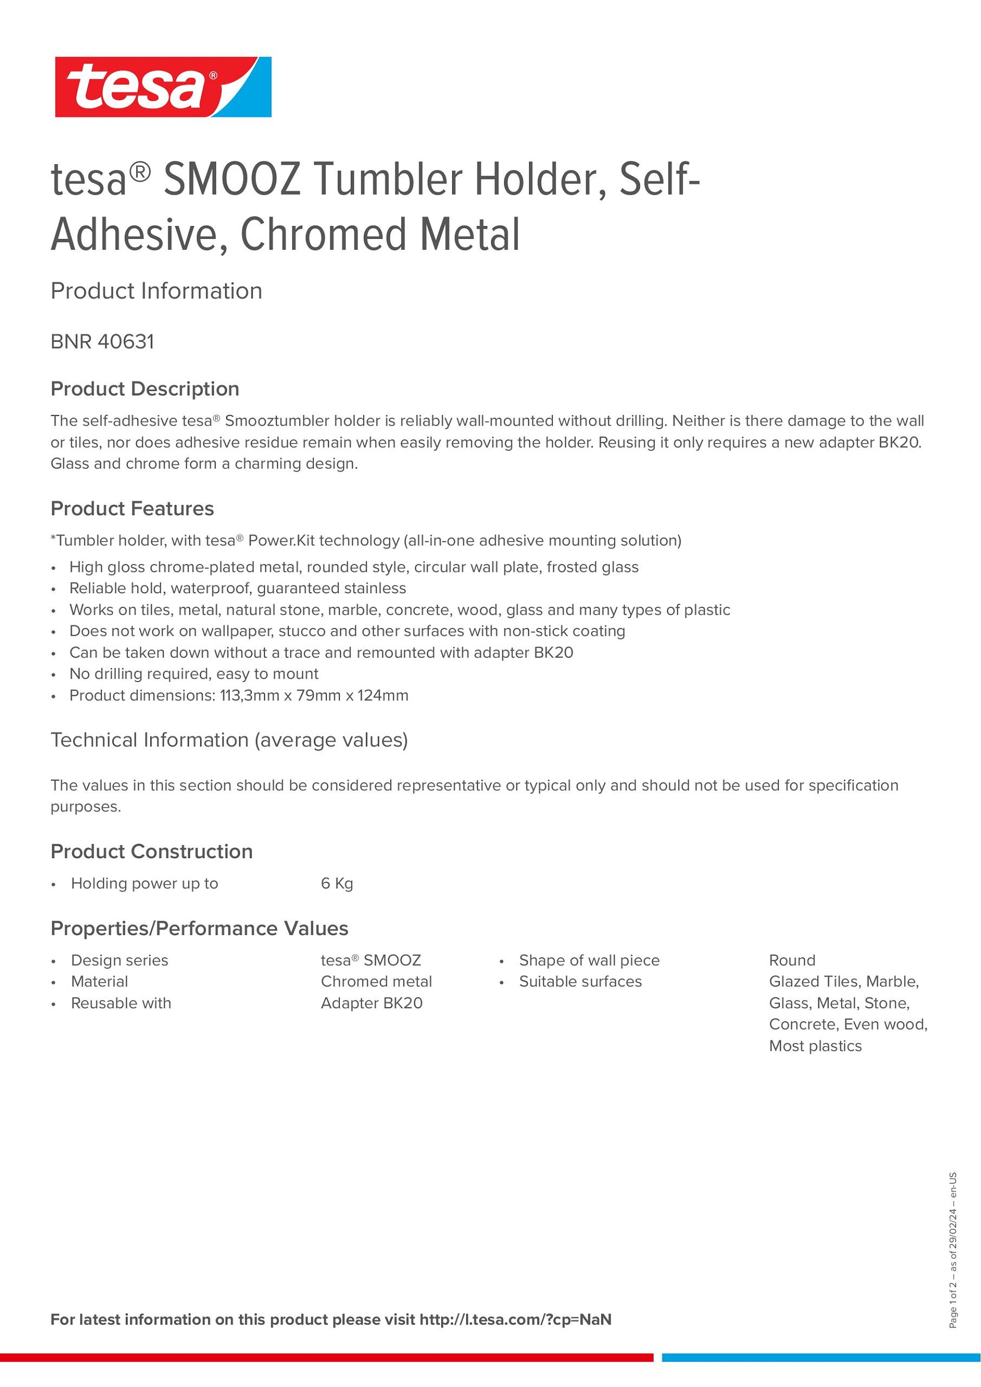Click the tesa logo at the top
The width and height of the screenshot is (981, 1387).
coord(163,87)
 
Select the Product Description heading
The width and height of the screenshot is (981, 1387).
coord(145,389)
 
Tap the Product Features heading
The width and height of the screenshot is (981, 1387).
coord(132,509)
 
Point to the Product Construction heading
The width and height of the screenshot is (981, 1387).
coord(152,851)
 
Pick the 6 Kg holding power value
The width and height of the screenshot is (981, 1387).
coord(337,884)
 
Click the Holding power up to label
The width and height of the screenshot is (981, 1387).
coord(144,884)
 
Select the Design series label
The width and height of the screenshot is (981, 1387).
coord(120,961)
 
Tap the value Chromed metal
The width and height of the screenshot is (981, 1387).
coord(376,982)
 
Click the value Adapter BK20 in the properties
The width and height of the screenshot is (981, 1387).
coord(372,1004)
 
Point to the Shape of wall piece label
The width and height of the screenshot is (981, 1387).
coord(589,961)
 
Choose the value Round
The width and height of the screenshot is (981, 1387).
coord(792,961)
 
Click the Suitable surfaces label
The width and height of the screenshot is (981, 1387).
coord(580,982)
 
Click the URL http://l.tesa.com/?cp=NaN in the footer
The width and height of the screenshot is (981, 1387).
coord(515,1320)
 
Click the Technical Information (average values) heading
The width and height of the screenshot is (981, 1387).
coord(229,740)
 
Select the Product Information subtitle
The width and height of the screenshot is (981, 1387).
coord(156,291)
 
